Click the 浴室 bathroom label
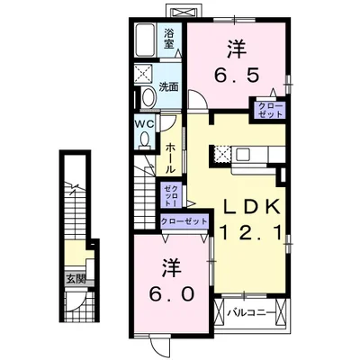pos(170,40)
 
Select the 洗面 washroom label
pos(168,88)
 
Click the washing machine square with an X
pos(144,75)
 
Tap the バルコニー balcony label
pos(246,314)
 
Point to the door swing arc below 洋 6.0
pos(159,344)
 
